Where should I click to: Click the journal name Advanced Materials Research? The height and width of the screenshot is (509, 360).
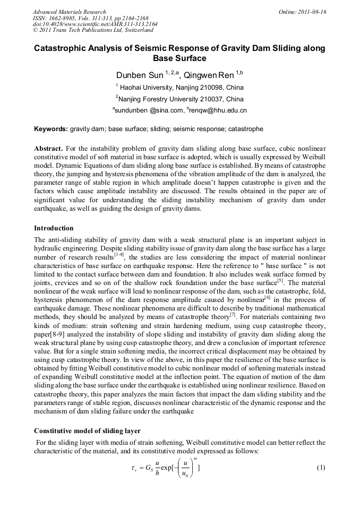pos(70,12)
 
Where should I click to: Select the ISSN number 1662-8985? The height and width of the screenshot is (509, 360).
pos(64,18)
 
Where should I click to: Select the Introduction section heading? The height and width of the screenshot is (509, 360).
pos(54,228)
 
